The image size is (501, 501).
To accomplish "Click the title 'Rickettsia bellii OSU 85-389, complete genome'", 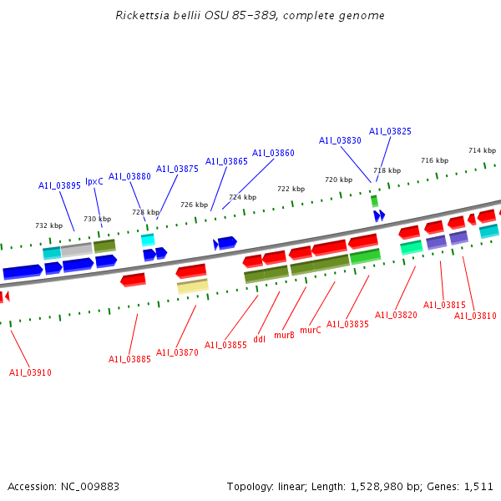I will point(250,16).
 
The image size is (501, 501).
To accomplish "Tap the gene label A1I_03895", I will point(59,185).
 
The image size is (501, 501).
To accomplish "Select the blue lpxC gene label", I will point(94,181).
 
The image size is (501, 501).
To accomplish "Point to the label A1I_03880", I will point(129,176).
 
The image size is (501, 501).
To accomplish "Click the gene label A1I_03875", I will point(177,169).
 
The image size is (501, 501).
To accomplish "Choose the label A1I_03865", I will point(226,161).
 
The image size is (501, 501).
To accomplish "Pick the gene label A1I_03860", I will point(273,153).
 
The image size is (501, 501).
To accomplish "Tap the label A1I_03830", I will point(340,140).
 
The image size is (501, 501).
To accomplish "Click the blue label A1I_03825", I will point(390,131).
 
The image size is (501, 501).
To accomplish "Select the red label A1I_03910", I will point(30,372).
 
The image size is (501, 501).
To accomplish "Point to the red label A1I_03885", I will point(129,359).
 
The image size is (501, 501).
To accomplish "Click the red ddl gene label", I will point(259,339).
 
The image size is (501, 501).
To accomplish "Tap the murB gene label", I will point(284,335).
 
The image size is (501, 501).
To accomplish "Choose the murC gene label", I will point(310,330).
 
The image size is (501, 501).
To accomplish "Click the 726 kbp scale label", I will point(194,205).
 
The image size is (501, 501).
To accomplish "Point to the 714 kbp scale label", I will point(482,150).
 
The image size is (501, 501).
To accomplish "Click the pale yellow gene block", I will point(192,286).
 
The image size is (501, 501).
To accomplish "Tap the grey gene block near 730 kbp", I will point(76,250).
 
